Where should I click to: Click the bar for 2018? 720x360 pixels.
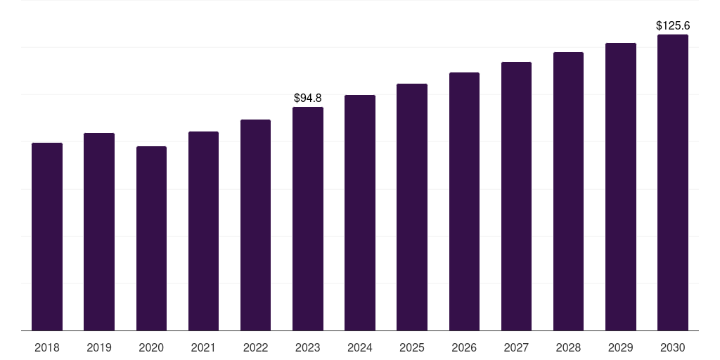click(x=47, y=236)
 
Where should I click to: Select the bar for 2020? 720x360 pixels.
click(x=151, y=238)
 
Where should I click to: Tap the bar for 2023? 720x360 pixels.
click(x=308, y=219)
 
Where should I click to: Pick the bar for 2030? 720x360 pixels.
click(x=673, y=182)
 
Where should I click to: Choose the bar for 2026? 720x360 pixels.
click(x=464, y=201)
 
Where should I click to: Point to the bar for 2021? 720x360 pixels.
click(x=203, y=231)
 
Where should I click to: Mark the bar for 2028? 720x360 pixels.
click(x=568, y=191)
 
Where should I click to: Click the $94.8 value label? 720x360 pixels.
click(x=308, y=98)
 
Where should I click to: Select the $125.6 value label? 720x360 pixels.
click(x=673, y=25)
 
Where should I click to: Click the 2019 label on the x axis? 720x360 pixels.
click(x=99, y=347)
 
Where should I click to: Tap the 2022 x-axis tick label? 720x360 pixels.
click(x=255, y=347)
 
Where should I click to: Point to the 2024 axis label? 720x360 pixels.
click(x=360, y=347)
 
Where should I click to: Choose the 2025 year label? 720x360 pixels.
click(x=412, y=347)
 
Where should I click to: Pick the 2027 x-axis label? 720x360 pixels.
click(x=516, y=347)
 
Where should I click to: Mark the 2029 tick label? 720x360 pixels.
click(x=621, y=347)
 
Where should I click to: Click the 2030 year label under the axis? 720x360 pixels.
click(x=673, y=347)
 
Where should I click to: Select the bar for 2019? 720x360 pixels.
click(x=99, y=231)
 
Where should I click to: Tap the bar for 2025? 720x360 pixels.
click(x=412, y=207)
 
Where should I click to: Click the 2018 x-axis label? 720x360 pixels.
click(x=47, y=347)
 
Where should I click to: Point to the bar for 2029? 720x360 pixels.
click(x=621, y=186)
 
